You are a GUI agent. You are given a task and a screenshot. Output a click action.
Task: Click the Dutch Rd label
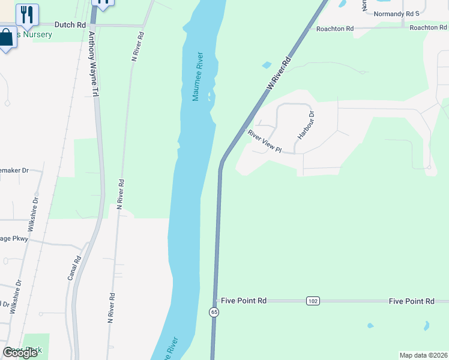pos(70,25)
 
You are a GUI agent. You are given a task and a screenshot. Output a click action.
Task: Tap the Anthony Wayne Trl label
pos(93,65)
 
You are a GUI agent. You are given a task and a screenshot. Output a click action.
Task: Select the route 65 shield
pos(214,312)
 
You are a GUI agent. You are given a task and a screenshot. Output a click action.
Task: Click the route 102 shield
pos(312,301)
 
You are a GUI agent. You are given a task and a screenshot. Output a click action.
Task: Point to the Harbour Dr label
pos(304,125)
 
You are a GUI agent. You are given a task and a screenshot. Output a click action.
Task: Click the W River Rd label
pos(279,74)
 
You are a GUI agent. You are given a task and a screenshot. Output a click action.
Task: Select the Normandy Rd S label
pos(396,13)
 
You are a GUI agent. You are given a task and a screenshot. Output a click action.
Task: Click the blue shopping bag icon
pos(7,38)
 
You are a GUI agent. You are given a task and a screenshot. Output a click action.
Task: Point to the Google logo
pos(20,353)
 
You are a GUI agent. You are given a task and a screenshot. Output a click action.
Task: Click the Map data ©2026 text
pos(423,355)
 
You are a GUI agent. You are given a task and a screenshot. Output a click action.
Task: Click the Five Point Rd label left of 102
pos(243,301)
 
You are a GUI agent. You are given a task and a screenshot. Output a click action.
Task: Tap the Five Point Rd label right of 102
pos(411,301)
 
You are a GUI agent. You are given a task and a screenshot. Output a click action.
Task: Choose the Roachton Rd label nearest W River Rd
pos(335,28)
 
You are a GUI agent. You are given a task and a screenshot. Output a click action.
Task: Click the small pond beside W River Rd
pos(266,65)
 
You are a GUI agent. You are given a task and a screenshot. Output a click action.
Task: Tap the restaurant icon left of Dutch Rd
pos(26,14)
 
